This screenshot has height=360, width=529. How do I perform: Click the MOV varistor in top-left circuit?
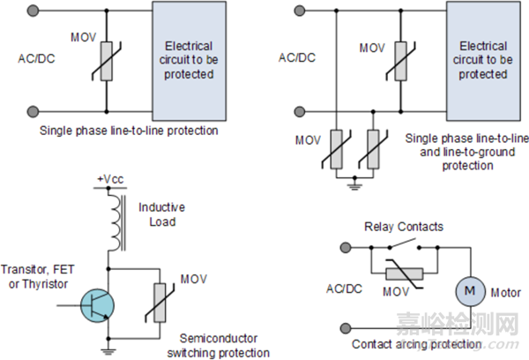coord(106,62)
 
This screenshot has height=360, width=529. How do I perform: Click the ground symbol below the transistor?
coord(108,349)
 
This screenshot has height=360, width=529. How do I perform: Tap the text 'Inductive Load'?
coord(160,214)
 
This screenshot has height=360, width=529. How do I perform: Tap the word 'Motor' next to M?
coord(505,293)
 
